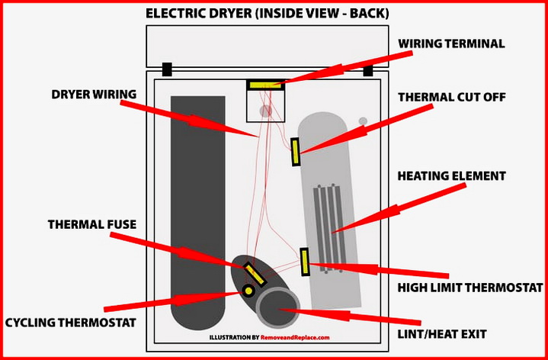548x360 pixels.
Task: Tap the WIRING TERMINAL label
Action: click(x=451, y=43)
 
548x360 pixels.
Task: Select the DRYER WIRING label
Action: click(x=94, y=95)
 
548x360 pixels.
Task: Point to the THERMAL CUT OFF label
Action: click(x=451, y=97)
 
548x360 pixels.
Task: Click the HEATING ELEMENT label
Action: click(x=451, y=175)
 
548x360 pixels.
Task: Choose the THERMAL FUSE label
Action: click(x=92, y=224)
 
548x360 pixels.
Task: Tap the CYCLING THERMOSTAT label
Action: click(x=71, y=323)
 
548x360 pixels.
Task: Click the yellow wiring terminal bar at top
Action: click(x=266, y=85)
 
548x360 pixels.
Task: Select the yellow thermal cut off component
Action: click(x=295, y=152)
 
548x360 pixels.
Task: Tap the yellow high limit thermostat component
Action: click(x=305, y=262)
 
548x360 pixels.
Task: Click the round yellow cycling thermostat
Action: click(x=248, y=291)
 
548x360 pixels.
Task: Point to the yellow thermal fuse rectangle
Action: click(x=254, y=273)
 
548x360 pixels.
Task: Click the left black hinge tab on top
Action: click(x=167, y=69)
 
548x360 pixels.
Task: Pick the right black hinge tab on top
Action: click(x=367, y=70)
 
